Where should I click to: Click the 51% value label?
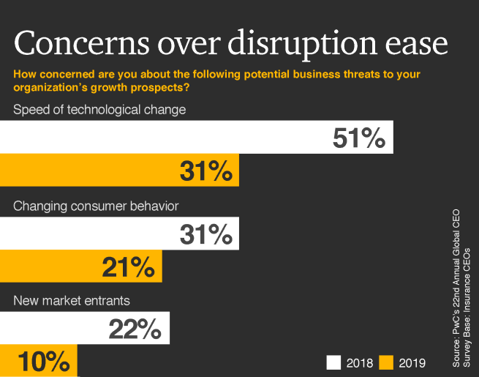358,138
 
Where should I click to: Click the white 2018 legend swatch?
334,362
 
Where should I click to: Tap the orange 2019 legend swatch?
387,362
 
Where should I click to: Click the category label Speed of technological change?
99,110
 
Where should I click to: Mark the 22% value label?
135,329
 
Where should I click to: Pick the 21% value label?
129,267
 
